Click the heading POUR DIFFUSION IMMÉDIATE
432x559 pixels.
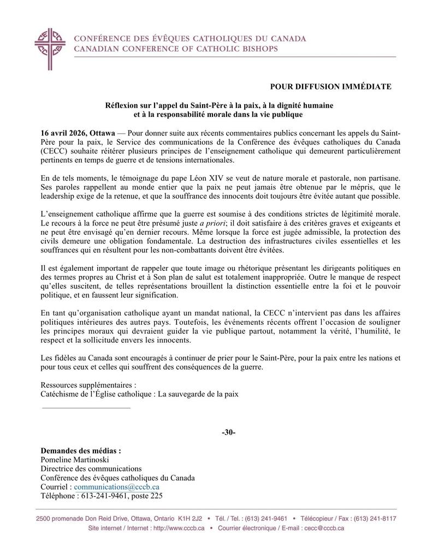click(330, 86)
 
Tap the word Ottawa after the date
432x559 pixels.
click(102, 133)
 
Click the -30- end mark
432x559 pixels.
click(228, 432)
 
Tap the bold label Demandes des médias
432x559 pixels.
click(81, 451)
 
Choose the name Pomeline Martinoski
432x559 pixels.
click(75, 460)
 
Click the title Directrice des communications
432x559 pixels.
click(91, 469)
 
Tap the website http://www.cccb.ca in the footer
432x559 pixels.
click(178, 528)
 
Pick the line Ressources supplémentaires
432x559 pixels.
click(85, 384)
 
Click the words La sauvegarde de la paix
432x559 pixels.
click(199, 393)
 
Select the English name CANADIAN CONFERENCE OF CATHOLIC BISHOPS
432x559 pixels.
click(175, 49)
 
